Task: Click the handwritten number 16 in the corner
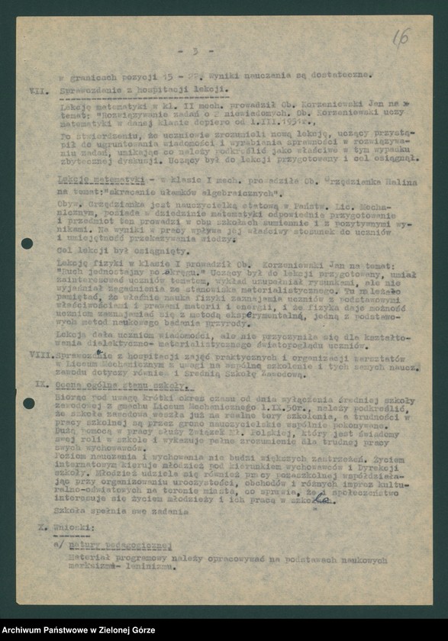tap(401, 36)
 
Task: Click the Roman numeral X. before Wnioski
tap(44, 527)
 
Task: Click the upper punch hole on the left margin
tap(27, 243)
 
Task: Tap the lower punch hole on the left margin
tap(28, 402)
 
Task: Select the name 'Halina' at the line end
tap(401, 182)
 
